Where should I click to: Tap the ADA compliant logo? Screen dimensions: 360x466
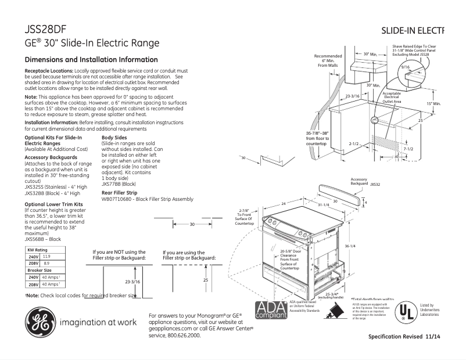(270, 311)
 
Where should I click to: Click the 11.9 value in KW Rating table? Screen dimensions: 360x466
(46, 256)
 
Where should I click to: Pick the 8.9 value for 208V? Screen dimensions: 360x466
(46, 263)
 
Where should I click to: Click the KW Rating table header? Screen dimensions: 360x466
(38, 249)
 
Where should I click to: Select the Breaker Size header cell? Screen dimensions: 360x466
(40, 270)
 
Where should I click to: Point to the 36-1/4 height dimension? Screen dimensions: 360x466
(349, 246)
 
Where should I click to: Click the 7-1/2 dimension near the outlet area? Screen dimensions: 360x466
(408, 149)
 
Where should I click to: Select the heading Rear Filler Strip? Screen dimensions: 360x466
(119, 192)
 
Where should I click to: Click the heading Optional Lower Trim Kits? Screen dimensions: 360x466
(54, 204)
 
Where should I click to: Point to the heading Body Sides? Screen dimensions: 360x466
(114, 138)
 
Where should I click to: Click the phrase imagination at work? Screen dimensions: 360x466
(98, 322)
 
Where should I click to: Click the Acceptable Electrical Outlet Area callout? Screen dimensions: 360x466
(391, 97)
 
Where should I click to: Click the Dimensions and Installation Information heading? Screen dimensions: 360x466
(91, 60)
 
